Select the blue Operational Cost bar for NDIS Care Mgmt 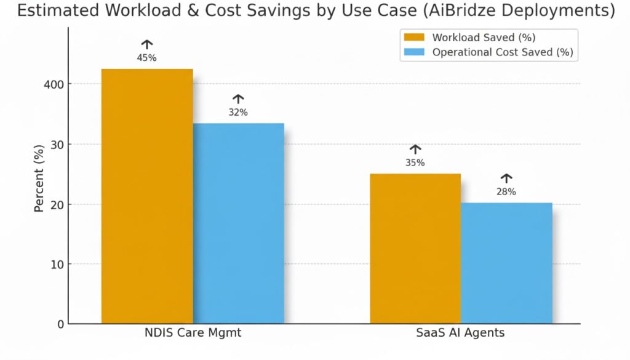pyautogui.click(x=238, y=223)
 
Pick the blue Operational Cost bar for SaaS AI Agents pyautogui.click(x=506, y=263)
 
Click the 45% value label pyautogui.click(x=147, y=58)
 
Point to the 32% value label pyautogui.click(x=238, y=112)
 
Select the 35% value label pyautogui.click(x=415, y=163)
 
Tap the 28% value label pyautogui.click(x=506, y=192)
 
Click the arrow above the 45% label pyautogui.click(x=147, y=44)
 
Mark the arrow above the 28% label pyautogui.click(x=506, y=178)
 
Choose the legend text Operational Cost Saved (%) pyautogui.click(x=503, y=52)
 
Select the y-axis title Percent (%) pyautogui.click(x=39, y=178)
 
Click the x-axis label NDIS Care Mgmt pyautogui.click(x=193, y=333)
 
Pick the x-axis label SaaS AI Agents pyautogui.click(x=461, y=333)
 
